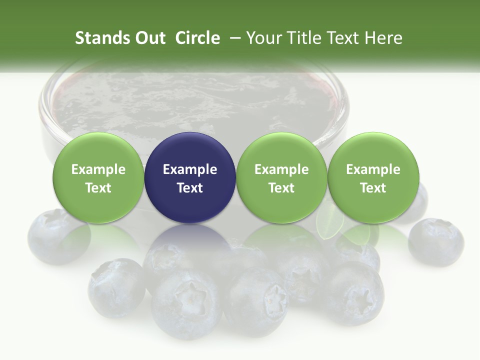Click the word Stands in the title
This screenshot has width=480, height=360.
point(99,38)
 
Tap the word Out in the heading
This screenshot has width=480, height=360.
point(149,38)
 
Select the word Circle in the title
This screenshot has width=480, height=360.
point(197,38)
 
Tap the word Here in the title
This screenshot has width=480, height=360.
point(383,38)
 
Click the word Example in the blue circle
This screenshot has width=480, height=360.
point(190,169)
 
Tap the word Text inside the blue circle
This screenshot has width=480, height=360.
point(190,188)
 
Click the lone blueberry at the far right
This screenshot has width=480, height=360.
point(435,241)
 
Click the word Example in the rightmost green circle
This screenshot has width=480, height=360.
point(373,169)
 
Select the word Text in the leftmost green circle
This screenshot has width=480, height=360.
point(98,188)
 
